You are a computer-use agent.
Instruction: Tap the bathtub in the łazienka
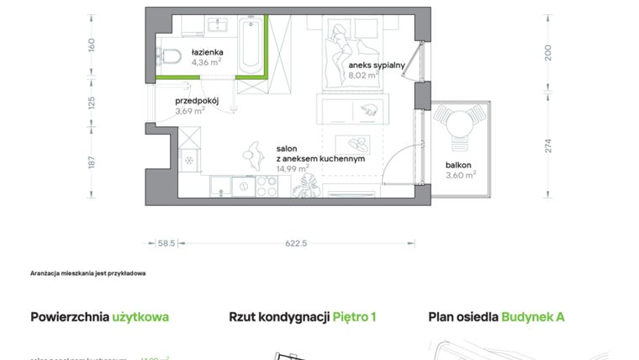[x=249, y=47]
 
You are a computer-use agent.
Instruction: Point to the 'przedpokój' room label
[x=197, y=100]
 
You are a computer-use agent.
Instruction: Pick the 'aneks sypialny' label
[x=378, y=65]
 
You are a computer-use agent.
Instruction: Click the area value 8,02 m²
[x=363, y=75]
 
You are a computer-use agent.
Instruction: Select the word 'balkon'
[x=459, y=165]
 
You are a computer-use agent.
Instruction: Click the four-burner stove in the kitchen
[x=267, y=187]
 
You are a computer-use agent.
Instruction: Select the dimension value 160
[x=92, y=44]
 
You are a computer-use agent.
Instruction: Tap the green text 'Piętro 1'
[x=354, y=317]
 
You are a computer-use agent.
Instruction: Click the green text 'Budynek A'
[x=533, y=317]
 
